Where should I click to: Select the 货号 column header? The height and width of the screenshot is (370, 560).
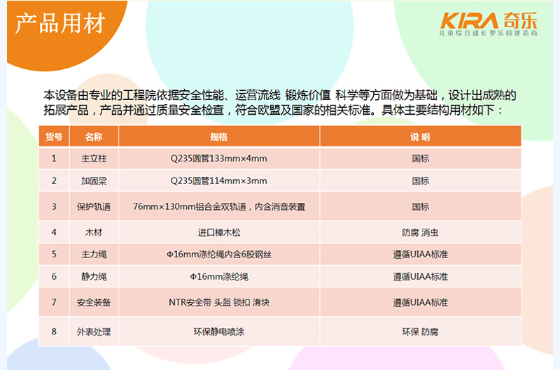point(54,136)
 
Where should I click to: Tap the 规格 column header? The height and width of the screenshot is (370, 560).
point(218,136)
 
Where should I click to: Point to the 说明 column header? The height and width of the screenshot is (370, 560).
point(420,136)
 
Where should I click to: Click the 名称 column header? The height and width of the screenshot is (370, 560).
point(93,136)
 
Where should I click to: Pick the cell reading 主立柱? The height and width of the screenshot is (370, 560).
point(93,159)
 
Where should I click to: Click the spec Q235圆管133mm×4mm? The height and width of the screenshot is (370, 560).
point(218,159)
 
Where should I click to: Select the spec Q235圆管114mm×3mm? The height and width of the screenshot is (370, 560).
point(218,180)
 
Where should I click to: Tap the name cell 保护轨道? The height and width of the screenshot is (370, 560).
point(93,206)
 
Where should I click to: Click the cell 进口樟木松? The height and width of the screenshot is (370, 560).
point(218,232)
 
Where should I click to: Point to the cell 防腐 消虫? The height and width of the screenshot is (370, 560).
point(420,232)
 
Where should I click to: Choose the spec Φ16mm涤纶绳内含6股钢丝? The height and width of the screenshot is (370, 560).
point(218,254)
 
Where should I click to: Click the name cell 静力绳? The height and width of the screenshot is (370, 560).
point(93,276)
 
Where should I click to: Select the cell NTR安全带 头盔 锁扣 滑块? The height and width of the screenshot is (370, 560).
point(218,303)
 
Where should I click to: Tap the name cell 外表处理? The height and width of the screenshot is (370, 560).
point(93,332)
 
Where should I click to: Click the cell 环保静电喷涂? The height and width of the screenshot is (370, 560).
point(218,332)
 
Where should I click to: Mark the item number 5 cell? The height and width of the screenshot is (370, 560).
point(54,254)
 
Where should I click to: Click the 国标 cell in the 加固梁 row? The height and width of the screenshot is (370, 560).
point(420,180)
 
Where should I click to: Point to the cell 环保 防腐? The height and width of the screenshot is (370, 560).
point(420,332)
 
